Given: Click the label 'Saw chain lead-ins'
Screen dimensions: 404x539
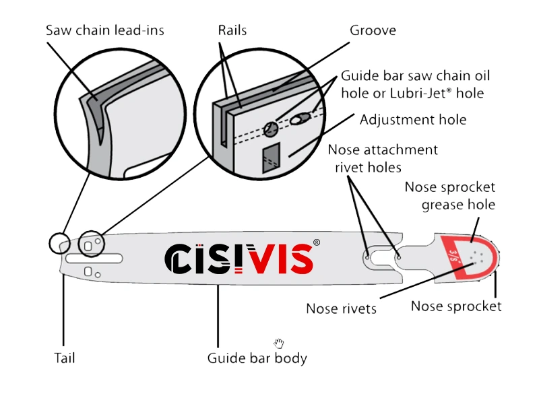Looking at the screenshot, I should pyautogui.click(x=104, y=30).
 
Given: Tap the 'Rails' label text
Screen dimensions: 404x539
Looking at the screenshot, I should pyautogui.click(x=232, y=30).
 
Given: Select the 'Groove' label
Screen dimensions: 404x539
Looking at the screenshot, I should pyautogui.click(x=373, y=31).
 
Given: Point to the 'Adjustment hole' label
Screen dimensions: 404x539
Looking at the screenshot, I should pyautogui.click(x=413, y=120).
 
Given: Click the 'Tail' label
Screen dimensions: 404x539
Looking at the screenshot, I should pyautogui.click(x=64, y=358).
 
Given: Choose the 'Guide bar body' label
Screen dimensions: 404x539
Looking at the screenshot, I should pyautogui.click(x=257, y=358).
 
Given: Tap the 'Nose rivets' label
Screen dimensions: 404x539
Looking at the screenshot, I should pyautogui.click(x=341, y=309).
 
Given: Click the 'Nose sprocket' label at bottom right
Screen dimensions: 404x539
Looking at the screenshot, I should pyautogui.click(x=456, y=306).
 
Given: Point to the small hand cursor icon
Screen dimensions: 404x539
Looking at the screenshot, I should pyautogui.click(x=279, y=343).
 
